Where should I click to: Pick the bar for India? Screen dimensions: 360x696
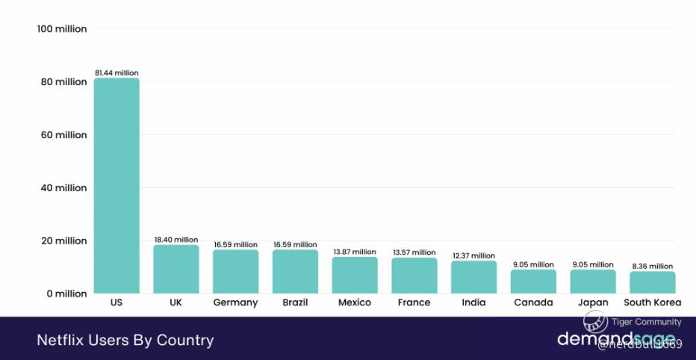click(x=473, y=277)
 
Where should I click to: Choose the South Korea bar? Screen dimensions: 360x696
click(x=652, y=282)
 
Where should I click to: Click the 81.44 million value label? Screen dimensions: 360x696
click(x=116, y=73)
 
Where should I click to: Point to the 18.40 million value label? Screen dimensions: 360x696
click(x=176, y=240)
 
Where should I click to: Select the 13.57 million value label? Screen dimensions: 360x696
click(x=414, y=252)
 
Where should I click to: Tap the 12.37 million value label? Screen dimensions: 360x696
click(x=473, y=256)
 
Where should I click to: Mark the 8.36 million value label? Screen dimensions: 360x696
click(x=652, y=266)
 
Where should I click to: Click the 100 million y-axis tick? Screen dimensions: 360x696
click(x=62, y=29)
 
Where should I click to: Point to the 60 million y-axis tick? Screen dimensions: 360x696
click(x=65, y=135)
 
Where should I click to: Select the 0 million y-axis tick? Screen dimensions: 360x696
click(x=67, y=294)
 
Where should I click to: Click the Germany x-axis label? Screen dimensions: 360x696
click(x=235, y=302)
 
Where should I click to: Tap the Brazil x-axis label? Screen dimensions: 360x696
click(x=295, y=302)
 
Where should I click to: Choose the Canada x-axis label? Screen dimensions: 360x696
click(x=533, y=302)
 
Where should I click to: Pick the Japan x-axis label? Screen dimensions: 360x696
click(x=593, y=302)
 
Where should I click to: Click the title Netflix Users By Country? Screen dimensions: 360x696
click(x=125, y=341)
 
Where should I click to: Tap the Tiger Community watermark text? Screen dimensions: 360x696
click(x=647, y=322)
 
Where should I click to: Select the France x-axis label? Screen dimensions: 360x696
click(x=414, y=302)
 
